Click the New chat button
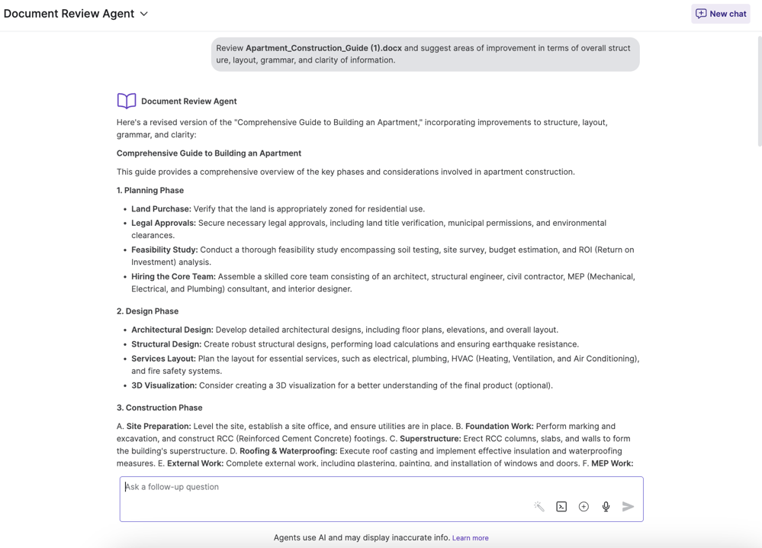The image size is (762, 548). click(x=720, y=14)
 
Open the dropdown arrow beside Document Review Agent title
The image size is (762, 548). click(x=144, y=14)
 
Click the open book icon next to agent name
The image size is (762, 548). click(x=127, y=101)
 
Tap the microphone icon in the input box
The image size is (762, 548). click(x=606, y=507)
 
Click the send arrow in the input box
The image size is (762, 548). click(x=628, y=507)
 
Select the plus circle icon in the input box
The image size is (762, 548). click(x=584, y=507)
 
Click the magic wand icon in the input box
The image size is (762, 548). click(x=539, y=507)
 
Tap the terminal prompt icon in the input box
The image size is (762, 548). click(x=561, y=507)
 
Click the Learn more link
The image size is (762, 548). click(x=470, y=538)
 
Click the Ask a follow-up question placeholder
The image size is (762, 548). click(x=172, y=487)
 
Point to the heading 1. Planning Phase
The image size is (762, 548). click(x=150, y=190)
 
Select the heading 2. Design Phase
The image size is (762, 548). click(x=147, y=311)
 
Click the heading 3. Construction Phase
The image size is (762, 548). click(x=159, y=408)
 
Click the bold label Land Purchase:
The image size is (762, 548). click(x=161, y=209)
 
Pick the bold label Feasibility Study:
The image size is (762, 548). click(x=164, y=250)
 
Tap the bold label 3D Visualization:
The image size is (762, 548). click(x=164, y=385)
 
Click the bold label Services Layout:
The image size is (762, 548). click(x=163, y=359)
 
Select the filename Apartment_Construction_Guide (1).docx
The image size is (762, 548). click(x=323, y=48)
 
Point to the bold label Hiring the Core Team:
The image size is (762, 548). click(x=173, y=276)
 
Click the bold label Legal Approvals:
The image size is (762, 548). click(x=163, y=223)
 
